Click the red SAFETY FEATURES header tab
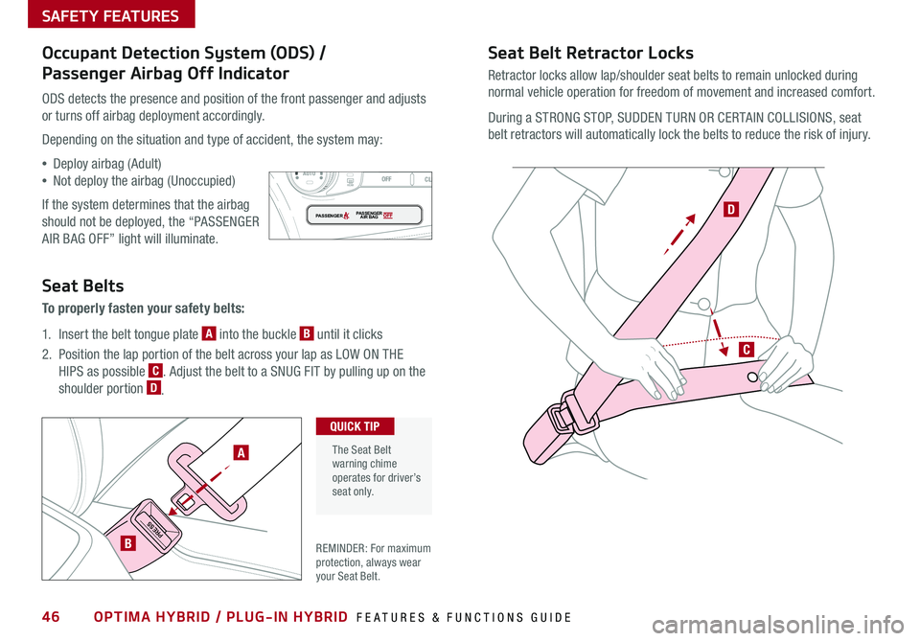pyautogui.click(x=111, y=14)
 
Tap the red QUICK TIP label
pyautogui.click(x=355, y=426)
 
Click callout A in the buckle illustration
pyautogui.click(x=241, y=452)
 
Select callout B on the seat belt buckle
pyautogui.click(x=127, y=543)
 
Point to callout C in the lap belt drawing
pyautogui.click(x=746, y=350)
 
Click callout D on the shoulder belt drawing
pyautogui.click(x=730, y=210)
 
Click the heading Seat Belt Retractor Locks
pyautogui.click(x=590, y=53)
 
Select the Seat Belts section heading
pyautogui.click(x=82, y=286)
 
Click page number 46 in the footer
pyautogui.click(x=51, y=616)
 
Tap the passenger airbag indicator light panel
pyautogui.click(x=364, y=216)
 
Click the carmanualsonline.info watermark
pyautogui.click(x=777, y=625)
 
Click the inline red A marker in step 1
pyautogui.click(x=209, y=333)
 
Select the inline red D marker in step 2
pyautogui.click(x=153, y=388)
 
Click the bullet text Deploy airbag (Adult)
pyautogui.click(x=106, y=164)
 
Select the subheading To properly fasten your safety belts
pyautogui.click(x=143, y=309)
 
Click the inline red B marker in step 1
pyautogui.click(x=307, y=333)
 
